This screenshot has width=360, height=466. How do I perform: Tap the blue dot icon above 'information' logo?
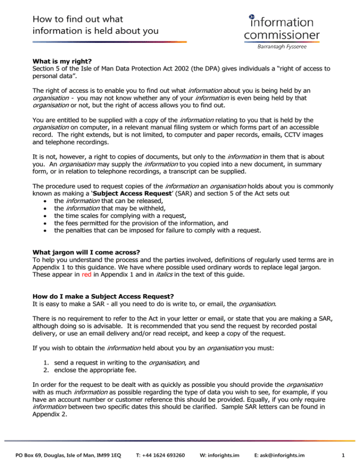(252, 15)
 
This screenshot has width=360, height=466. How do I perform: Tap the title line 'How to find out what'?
(77, 19)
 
